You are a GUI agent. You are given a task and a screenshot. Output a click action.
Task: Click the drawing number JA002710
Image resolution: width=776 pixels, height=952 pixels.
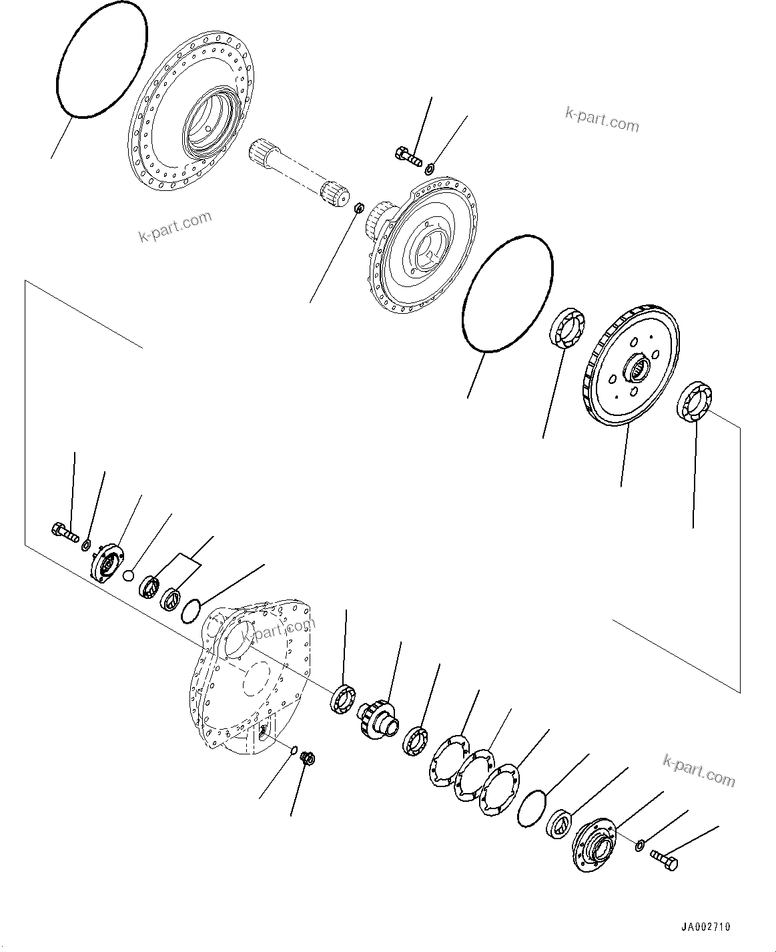(706, 927)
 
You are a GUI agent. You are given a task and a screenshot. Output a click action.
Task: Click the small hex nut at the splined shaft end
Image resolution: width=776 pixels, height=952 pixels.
(358, 209)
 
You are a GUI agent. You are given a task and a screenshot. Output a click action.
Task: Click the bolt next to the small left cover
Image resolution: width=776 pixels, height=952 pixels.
(64, 533)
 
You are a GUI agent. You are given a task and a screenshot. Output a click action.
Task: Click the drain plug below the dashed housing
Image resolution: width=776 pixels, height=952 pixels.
(308, 759)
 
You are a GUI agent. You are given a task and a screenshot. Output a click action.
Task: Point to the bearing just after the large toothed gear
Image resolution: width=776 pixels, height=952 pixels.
(696, 403)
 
